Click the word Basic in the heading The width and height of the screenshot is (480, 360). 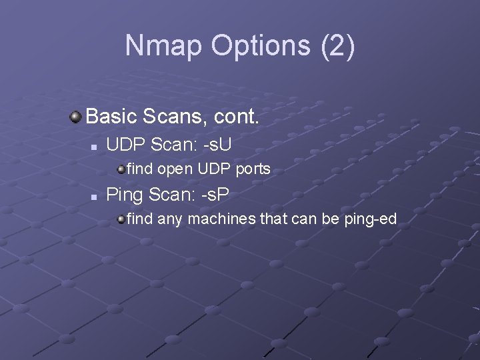click(x=111, y=117)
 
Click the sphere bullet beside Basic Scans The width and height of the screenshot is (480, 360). click(x=76, y=117)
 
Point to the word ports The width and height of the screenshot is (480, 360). click(x=253, y=169)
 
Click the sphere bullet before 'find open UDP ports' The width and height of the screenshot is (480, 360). click(x=121, y=169)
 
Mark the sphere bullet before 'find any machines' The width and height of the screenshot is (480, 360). click(x=121, y=218)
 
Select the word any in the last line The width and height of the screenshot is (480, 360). click(x=170, y=219)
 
